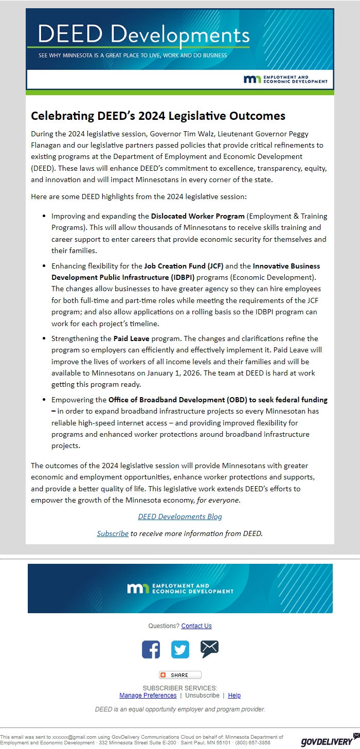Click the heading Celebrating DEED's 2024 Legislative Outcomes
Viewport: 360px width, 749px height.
(158, 116)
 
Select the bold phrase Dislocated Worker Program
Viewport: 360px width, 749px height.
(197, 216)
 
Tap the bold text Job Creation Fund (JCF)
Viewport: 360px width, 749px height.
(184, 266)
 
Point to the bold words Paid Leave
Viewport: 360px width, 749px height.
(132, 338)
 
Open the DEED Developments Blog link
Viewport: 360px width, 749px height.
(180, 516)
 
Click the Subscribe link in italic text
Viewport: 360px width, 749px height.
(113, 533)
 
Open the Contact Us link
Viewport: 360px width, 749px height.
(196, 626)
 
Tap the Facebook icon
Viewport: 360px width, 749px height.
(151, 649)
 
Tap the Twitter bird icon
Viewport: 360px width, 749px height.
(180, 649)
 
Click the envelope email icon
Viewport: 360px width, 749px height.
(209, 649)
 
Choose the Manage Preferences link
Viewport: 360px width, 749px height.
(148, 695)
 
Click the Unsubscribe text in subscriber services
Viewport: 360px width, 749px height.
(202, 695)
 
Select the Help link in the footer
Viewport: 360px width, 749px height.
(234, 695)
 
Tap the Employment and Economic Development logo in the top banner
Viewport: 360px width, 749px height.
(286, 79)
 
